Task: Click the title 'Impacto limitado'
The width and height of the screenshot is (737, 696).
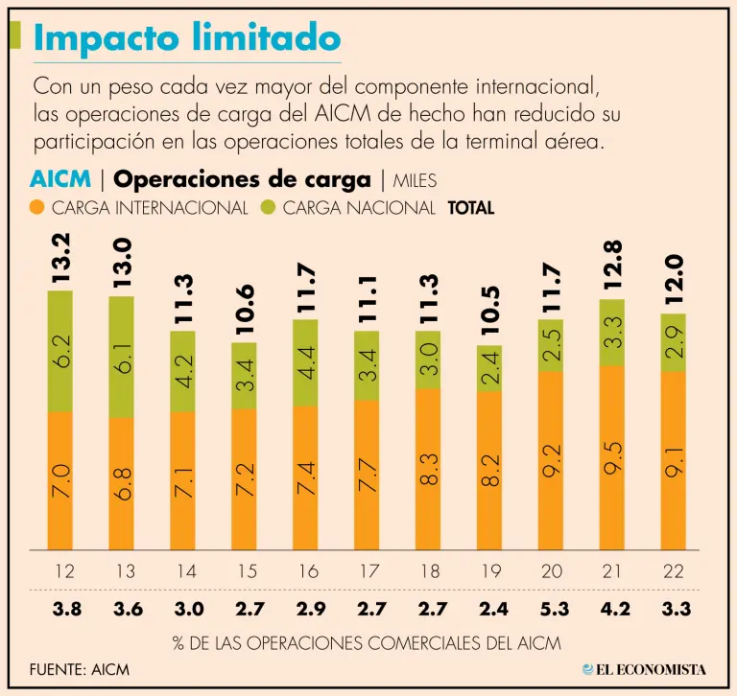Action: coord(187,38)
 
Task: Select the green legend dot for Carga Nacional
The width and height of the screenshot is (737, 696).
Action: coord(267,207)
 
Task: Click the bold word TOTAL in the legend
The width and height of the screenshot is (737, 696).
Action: coord(471,207)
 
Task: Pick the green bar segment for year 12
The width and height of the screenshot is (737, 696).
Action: coord(60,351)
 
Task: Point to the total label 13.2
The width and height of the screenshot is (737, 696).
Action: coord(60,260)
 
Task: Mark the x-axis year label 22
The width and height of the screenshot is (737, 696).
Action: coord(673,571)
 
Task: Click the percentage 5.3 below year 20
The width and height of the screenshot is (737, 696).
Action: coord(551,608)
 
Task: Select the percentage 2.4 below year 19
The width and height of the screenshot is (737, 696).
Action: coord(490,608)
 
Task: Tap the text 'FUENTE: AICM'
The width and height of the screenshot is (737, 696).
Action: coord(79,668)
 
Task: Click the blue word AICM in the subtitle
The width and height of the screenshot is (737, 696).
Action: coord(60,179)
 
